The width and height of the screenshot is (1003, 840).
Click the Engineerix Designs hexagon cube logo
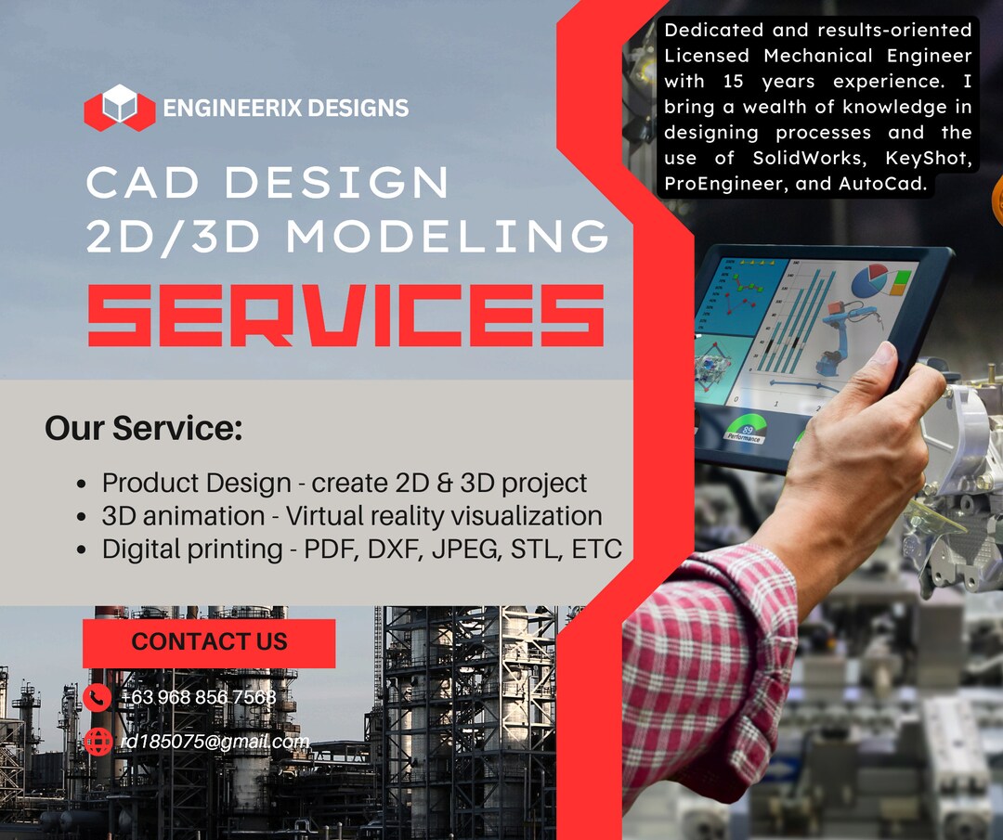pyautogui.click(x=120, y=108)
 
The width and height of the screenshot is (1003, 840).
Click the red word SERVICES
pyautogui.click(x=345, y=316)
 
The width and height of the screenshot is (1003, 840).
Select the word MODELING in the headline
pyautogui.click(x=448, y=237)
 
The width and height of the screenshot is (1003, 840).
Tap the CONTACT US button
pyautogui.click(x=209, y=642)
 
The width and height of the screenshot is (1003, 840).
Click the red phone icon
pyautogui.click(x=97, y=697)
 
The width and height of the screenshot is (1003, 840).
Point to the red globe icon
pyautogui.click(x=97, y=742)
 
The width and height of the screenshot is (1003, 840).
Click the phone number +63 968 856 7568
pyautogui.click(x=199, y=697)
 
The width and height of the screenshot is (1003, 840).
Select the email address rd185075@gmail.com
pyautogui.click(x=215, y=742)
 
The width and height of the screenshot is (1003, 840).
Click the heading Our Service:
pyautogui.click(x=143, y=429)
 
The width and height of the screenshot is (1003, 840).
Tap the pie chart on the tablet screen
pyautogui.click(x=869, y=279)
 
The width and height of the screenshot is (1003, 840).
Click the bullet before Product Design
pyautogui.click(x=83, y=485)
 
